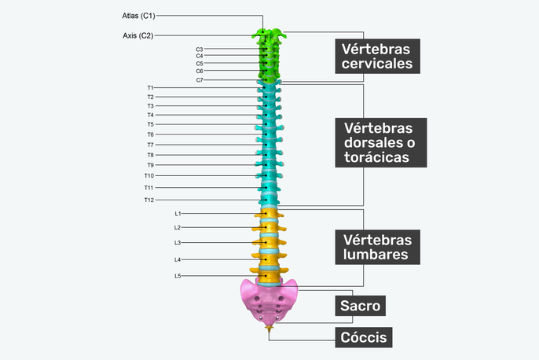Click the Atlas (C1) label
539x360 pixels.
coord(138,15)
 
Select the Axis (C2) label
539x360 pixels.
coord(137,35)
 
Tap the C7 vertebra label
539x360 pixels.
coord(200,79)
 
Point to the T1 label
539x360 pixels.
coord(150,87)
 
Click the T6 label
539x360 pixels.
coord(150,134)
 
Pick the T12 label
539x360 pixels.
coord(148,200)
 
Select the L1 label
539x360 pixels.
coord(178,213)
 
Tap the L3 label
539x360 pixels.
coord(178,242)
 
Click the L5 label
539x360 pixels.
coord(178,275)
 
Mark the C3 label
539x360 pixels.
coord(200,49)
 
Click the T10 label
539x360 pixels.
coord(148,175)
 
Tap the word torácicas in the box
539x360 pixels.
coord(376,157)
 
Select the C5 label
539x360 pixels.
coord(200,63)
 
